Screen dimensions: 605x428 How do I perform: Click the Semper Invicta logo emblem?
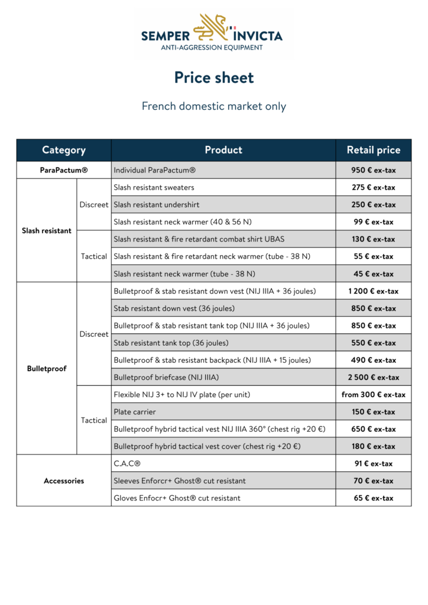tap(213, 27)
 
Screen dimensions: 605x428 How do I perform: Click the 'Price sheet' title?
tap(214, 77)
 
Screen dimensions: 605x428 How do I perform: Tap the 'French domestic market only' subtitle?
tap(214, 106)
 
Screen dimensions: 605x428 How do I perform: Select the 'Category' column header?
tap(64, 150)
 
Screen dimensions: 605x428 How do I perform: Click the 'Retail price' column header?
tap(374, 150)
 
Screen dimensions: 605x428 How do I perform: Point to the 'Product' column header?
tap(223, 150)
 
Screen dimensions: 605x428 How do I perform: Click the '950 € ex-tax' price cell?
tap(374, 170)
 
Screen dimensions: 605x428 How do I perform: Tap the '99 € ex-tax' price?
tap(374, 222)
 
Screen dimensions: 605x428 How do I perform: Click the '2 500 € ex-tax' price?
tap(374, 377)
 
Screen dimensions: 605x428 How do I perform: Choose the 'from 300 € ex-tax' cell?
tap(374, 395)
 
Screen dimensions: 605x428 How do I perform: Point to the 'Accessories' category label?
tap(64, 481)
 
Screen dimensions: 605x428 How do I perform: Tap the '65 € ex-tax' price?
tap(374, 498)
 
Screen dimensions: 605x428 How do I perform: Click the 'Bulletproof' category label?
tap(47, 369)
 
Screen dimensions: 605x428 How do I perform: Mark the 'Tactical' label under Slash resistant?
tap(94, 256)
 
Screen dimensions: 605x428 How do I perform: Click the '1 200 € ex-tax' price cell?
tap(374, 291)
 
